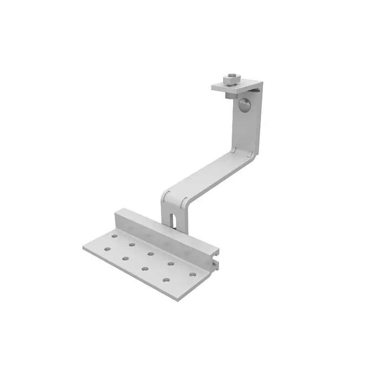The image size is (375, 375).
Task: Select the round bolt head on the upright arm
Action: [244, 105]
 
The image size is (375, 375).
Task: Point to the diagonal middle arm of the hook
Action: [207, 174]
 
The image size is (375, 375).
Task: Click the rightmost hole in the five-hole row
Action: [192, 274]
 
